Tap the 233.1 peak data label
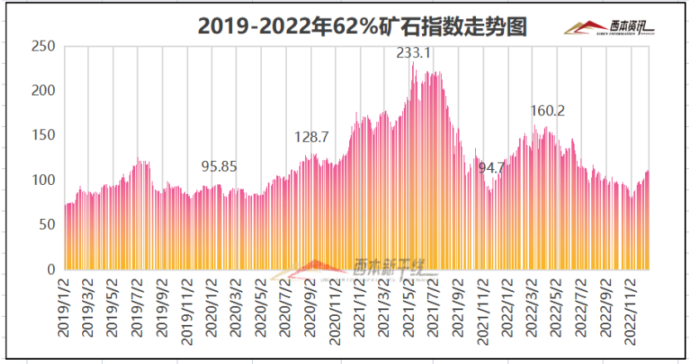pos(413,52)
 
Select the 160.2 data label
pos(547,110)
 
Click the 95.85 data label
pos(219,166)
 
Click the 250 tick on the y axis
pos(42,46)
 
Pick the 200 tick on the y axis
pos(42,90)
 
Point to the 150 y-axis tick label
pos(42,135)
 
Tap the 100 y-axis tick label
pos(42,180)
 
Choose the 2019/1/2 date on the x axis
pos(63,308)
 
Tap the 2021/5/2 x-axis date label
pos(409,308)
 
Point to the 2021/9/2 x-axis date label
pos(459,308)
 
